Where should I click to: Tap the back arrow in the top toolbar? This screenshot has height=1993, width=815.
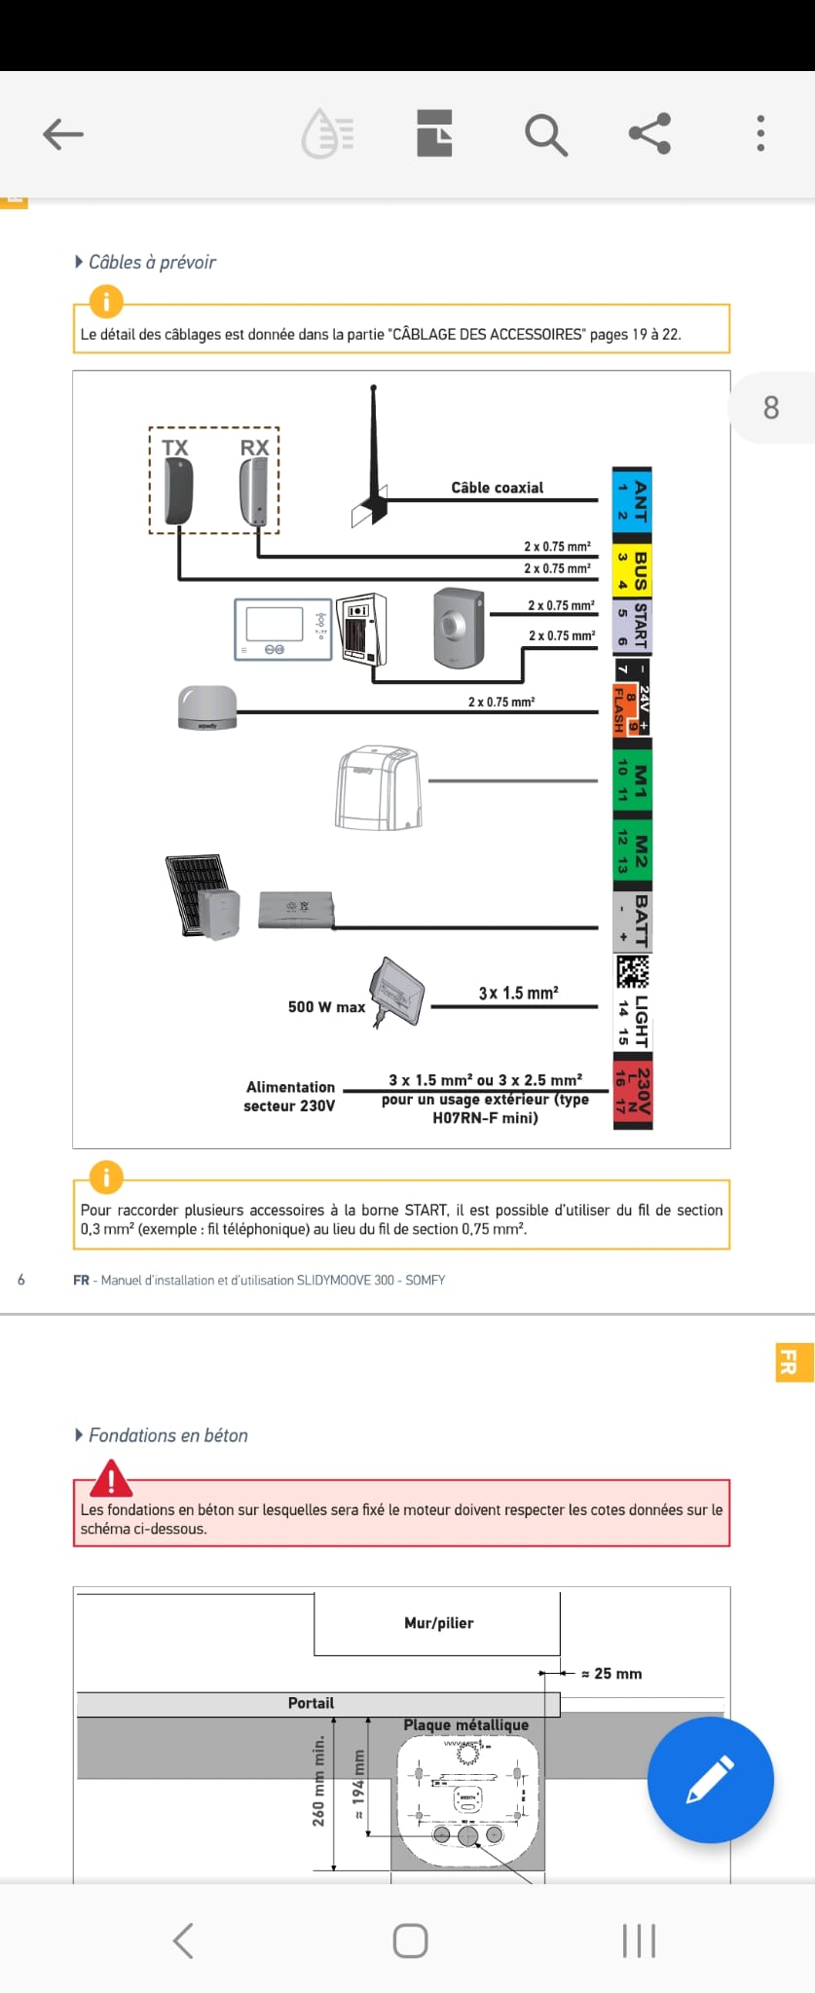click(63, 134)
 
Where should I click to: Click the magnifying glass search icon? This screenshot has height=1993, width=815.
click(545, 134)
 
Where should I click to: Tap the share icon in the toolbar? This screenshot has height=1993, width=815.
click(649, 133)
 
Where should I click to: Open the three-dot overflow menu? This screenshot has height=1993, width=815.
click(760, 133)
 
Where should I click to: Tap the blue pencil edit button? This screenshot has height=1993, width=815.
click(710, 1779)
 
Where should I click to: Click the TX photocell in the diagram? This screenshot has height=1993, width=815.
click(178, 489)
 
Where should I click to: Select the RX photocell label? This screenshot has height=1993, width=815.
click(254, 448)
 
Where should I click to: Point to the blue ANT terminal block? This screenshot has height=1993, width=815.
click(631, 500)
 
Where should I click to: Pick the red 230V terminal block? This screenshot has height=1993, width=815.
click(632, 1091)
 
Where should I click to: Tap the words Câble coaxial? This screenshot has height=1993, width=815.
click(497, 488)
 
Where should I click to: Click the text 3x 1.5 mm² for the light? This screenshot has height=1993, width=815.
click(518, 993)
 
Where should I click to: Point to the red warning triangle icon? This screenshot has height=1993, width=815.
click(111, 1479)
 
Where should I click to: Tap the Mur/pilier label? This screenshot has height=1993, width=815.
click(438, 1622)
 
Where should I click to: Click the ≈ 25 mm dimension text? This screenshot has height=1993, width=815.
click(611, 1673)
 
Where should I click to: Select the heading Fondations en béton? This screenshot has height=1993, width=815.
click(167, 1435)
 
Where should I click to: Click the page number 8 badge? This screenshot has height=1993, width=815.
click(770, 407)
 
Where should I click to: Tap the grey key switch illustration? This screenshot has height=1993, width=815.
click(458, 627)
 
